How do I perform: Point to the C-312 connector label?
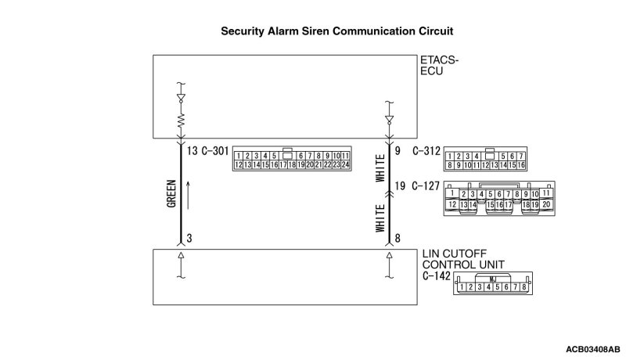coord(426,151)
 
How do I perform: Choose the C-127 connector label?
coord(426,188)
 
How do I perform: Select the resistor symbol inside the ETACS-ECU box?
coord(181,121)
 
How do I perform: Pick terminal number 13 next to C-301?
coord(192,151)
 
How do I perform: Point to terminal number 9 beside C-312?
coord(398,151)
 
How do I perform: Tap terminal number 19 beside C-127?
coord(401,188)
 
